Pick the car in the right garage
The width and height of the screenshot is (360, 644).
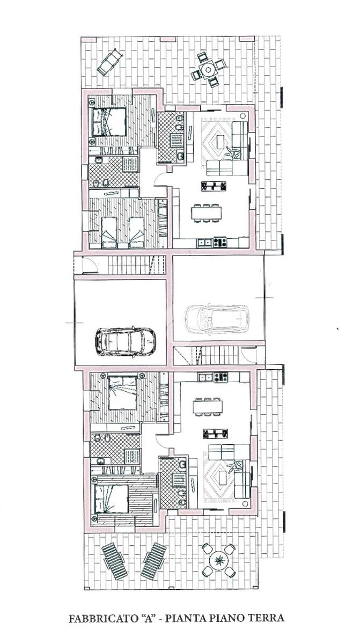click(x=217, y=319)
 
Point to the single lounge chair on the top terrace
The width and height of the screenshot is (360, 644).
click(x=109, y=62)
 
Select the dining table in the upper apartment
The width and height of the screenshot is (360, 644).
click(x=207, y=213)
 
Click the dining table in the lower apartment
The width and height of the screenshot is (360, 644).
click(x=208, y=406)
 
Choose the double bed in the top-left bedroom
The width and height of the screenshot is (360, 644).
click(x=109, y=122)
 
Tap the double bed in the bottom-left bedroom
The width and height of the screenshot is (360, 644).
click(x=111, y=499)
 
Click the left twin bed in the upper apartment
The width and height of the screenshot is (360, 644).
click(x=109, y=232)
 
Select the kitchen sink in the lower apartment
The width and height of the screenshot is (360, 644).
click(x=205, y=377)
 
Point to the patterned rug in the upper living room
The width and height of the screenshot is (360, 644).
click(x=216, y=142)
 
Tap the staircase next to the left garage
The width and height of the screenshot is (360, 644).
click(x=136, y=265)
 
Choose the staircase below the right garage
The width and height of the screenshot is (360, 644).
click(x=205, y=356)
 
